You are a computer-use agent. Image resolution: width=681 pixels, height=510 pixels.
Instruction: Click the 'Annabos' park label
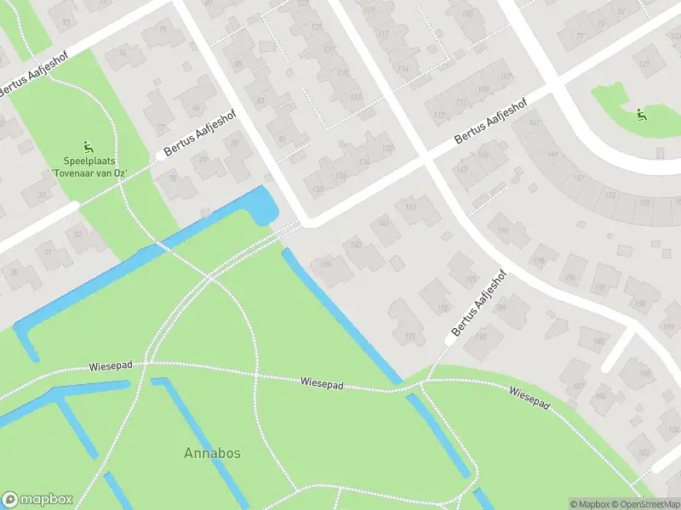pos(212,453)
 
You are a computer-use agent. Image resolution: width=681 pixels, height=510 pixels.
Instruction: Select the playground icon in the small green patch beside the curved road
pos(641,114)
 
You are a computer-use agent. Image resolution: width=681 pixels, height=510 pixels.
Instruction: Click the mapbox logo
pos(37,500)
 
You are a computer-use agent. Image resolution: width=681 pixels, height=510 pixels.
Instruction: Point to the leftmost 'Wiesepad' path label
pos(110,368)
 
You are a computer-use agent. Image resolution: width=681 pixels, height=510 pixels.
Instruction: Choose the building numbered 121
pos(645,65)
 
